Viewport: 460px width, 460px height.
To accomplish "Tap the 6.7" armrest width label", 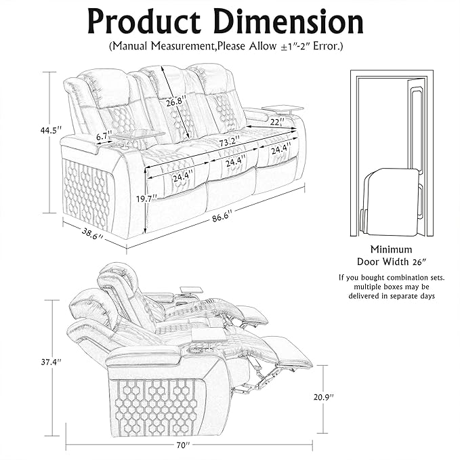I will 103,136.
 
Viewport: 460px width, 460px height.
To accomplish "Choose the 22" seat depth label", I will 276,122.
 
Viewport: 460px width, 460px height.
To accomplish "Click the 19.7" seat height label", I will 145,198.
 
